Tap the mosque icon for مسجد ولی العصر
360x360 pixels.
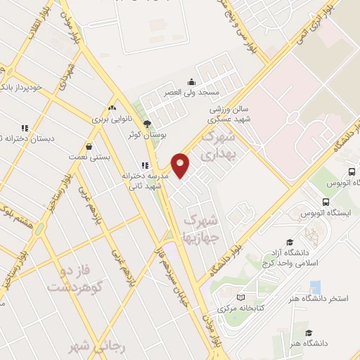pos(191,82)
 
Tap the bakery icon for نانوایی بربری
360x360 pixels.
pos(112,108)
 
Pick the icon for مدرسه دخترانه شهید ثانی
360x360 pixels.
pos(144,166)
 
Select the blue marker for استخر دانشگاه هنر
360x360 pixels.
pos(315,287)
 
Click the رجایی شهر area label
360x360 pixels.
pos(87,347)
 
